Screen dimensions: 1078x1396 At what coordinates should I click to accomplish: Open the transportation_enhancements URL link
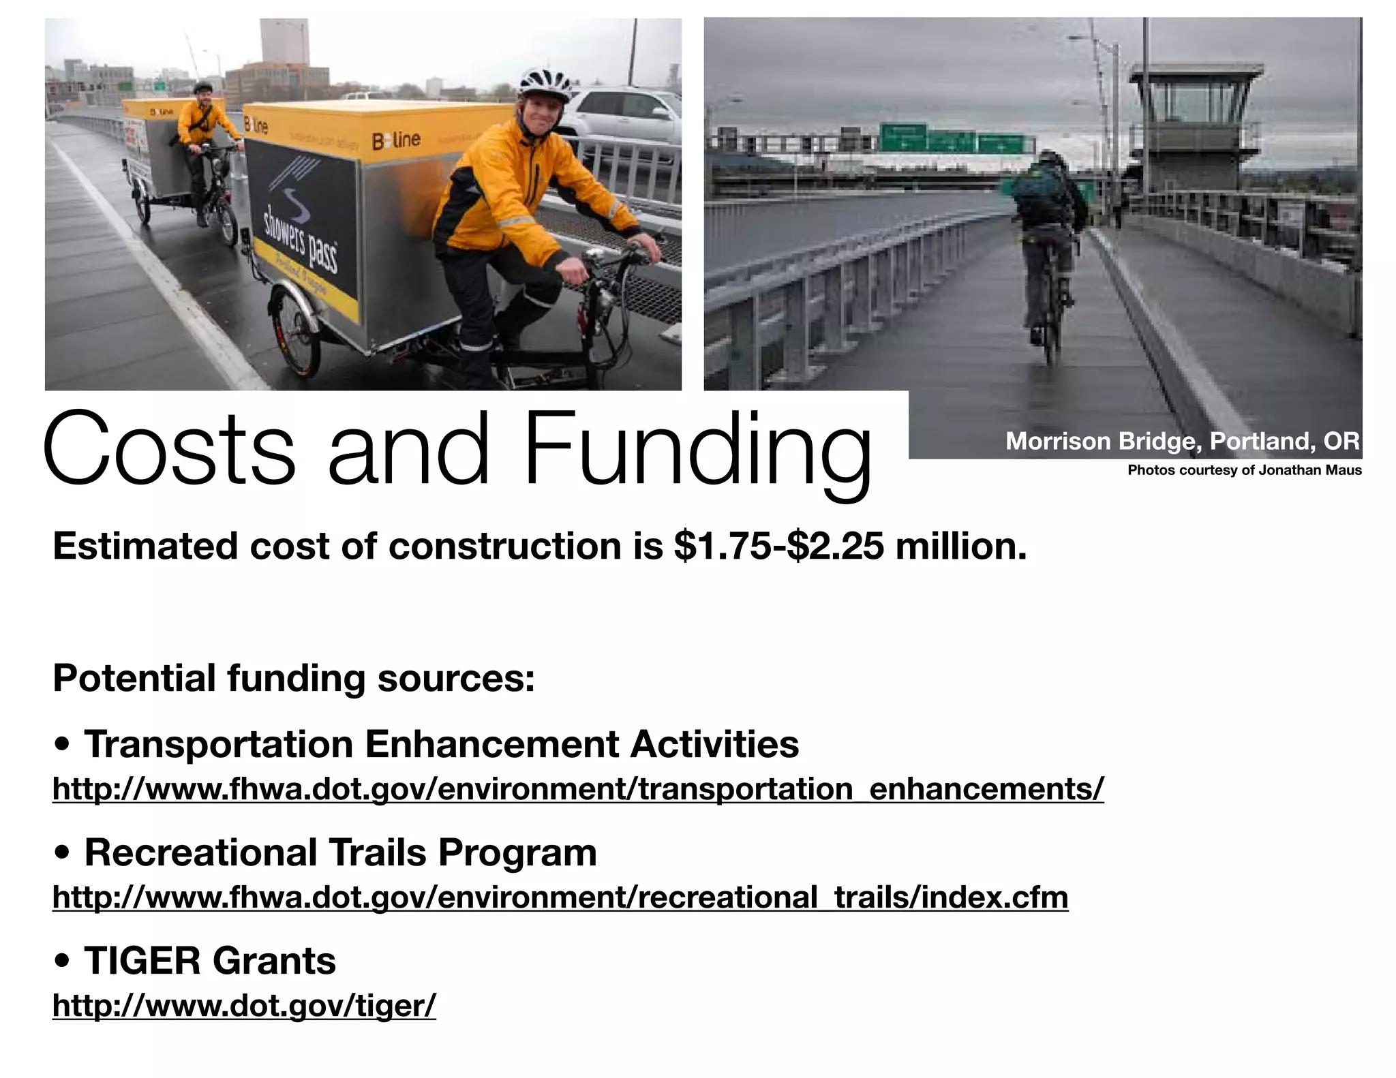577,788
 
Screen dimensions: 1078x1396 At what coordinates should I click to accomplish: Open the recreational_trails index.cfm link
560,897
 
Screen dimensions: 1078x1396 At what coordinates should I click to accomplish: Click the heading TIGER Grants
209,960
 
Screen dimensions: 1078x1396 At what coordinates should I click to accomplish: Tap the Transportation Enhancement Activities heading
441,743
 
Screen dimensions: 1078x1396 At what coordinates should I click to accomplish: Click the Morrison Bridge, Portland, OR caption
1183,441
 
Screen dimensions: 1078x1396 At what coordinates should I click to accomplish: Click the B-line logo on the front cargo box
396,140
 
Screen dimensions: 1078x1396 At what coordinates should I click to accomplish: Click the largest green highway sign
902,137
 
